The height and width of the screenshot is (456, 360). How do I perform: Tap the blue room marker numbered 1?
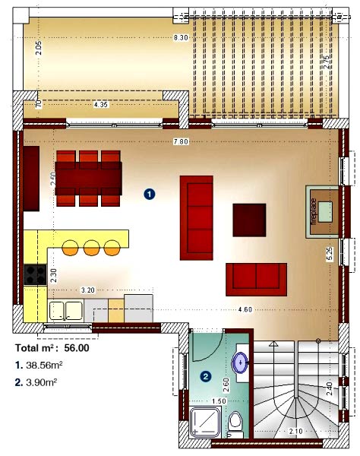150,194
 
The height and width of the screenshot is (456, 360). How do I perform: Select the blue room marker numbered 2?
205,375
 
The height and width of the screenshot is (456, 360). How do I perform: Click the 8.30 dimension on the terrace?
180,38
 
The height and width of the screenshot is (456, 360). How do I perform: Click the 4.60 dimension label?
245,309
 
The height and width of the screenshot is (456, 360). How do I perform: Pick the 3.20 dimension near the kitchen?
88,290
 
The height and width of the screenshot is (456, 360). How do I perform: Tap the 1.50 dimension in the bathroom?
218,401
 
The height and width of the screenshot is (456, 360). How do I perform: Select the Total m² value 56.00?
77,348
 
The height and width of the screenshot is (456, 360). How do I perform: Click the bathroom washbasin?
241,363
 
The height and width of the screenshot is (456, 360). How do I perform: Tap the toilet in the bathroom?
236,423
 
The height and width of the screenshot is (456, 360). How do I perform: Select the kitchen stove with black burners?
36,274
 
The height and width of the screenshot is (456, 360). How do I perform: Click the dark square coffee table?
249,220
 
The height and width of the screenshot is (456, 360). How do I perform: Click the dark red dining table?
89,179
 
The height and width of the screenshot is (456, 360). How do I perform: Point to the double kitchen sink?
65,309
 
